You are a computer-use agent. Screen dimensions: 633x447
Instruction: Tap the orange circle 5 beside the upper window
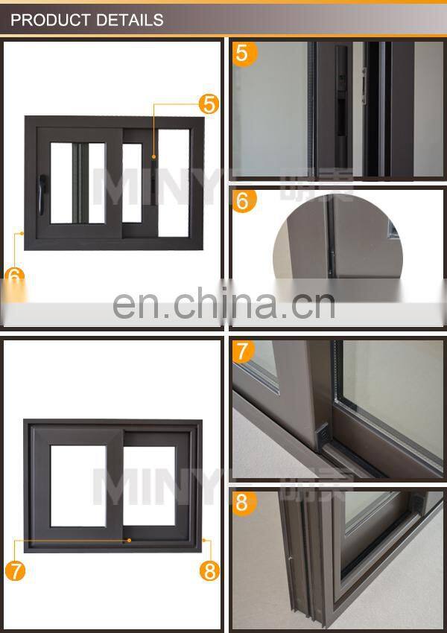[209, 104]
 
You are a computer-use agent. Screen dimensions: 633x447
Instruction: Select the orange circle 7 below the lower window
[15, 570]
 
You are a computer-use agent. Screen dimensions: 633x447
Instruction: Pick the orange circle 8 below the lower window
[209, 570]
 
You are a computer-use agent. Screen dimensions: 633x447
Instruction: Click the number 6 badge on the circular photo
[244, 200]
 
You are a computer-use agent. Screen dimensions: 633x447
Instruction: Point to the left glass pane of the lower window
[78, 486]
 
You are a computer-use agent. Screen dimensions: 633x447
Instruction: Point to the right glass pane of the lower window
[149, 486]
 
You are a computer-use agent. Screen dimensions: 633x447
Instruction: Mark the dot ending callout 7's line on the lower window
[130, 541]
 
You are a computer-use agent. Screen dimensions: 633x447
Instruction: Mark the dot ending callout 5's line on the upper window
[154, 156]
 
